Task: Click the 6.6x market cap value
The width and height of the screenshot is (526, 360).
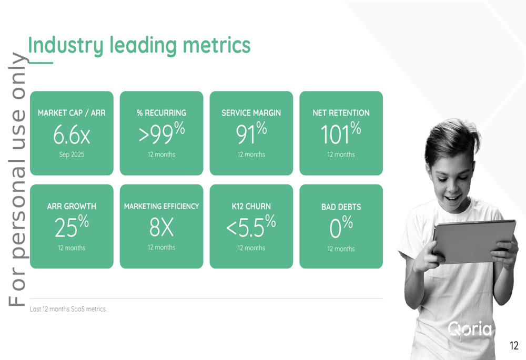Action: coord(72,135)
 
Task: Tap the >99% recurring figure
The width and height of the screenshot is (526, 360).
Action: coord(161,133)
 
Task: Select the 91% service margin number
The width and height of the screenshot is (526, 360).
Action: coord(251,133)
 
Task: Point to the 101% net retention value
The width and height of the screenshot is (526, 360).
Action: coord(341,133)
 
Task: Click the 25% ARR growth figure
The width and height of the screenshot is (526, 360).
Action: coord(72,226)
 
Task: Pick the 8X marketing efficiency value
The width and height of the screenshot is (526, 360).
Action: coord(161,227)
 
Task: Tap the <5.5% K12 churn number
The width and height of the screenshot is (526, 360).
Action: coord(251,226)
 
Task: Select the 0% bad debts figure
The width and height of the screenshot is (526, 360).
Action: coord(341,227)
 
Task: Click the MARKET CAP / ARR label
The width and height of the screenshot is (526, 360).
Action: coord(72,113)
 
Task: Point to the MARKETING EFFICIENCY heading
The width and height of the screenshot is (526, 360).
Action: coord(161,206)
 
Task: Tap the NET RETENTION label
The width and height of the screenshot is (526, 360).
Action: coord(341,113)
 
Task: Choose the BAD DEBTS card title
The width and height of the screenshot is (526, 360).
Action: coord(341,207)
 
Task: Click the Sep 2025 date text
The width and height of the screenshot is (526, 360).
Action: coord(72,155)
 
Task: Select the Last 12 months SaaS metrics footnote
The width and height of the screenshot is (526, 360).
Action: coord(68,309)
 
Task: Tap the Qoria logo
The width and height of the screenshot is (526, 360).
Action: coord(470,329)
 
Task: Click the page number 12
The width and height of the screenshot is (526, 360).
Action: coord(514,346)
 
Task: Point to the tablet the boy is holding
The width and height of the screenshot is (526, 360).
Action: coord(474,241)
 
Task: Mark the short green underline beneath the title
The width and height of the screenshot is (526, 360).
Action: coord(41,63)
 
